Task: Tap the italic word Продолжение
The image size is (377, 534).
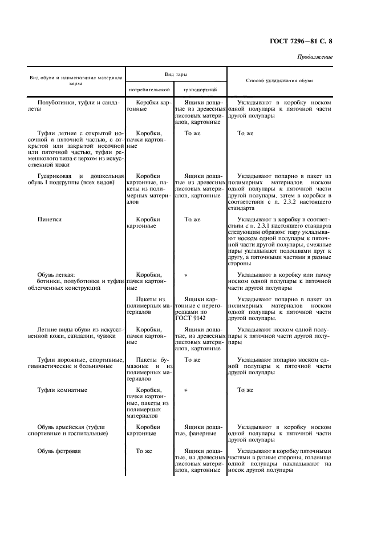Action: click(315, 57)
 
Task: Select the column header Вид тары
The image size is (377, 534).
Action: click(176, 75)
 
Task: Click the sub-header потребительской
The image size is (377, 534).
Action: click(149, 90)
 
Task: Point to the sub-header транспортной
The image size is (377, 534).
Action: click(200, 90)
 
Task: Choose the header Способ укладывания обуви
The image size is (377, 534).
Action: click(279, 80)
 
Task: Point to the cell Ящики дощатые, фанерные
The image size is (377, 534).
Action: click(198, 430)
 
